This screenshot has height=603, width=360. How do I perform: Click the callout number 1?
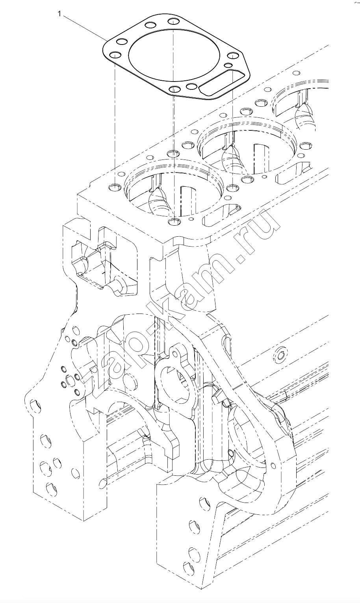coord(59,13)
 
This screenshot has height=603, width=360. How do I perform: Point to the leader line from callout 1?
coord(85,28)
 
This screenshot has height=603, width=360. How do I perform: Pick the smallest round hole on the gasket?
coord(228,65)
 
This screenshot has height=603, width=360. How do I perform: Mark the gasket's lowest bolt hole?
coord(175,89)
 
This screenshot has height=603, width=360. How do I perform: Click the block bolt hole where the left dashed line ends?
coord(115,187)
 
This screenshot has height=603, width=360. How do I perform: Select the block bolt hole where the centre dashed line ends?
coord(174,222)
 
